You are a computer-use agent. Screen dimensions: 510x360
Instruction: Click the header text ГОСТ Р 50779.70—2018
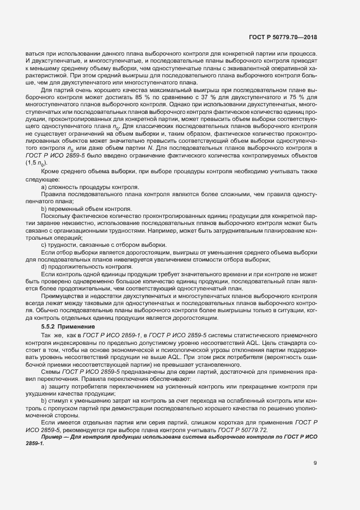(283, 38)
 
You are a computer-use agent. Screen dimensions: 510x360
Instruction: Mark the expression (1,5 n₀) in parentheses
(36, 163)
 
